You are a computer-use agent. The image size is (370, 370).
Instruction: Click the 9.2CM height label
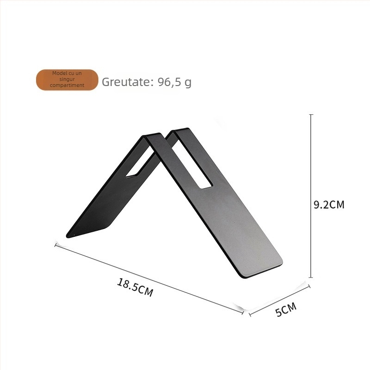pos(329,204)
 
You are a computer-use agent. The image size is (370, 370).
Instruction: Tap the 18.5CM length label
pos(135,287)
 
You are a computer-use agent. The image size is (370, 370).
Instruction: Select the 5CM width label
pos(286,309)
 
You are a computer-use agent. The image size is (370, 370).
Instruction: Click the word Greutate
pos(125,82)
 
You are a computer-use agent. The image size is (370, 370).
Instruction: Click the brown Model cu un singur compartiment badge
pos(67,80)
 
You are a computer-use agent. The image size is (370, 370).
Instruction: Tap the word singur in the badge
pos(67,79)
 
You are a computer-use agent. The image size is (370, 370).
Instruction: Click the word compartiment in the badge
pos(67,85)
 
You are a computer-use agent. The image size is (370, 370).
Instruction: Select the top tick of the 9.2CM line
pos(311,114)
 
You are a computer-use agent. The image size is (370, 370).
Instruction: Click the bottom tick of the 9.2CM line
pos(311,277)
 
